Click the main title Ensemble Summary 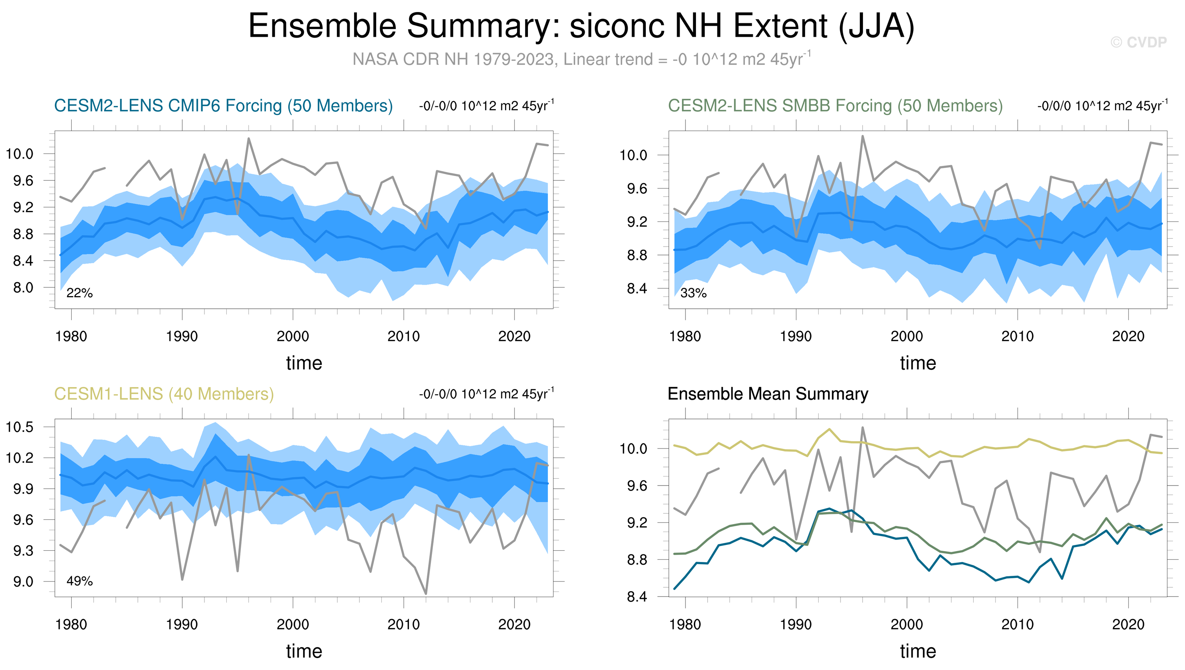581,26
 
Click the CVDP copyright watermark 1138,42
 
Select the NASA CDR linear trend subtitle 581,59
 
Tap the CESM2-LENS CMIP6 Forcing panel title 223,106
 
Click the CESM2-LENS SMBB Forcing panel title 835,106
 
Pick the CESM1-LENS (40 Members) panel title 164,394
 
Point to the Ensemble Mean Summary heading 768,394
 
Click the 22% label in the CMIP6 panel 79,293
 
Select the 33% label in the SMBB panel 693,293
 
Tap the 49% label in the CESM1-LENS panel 79,581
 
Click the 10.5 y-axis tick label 19,427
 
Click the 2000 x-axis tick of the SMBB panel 907,336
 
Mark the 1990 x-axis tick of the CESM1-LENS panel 182,625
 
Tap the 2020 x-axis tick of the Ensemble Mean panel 1128,625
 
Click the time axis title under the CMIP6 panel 304,363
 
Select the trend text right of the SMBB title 1102,106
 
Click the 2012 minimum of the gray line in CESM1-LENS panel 426,594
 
